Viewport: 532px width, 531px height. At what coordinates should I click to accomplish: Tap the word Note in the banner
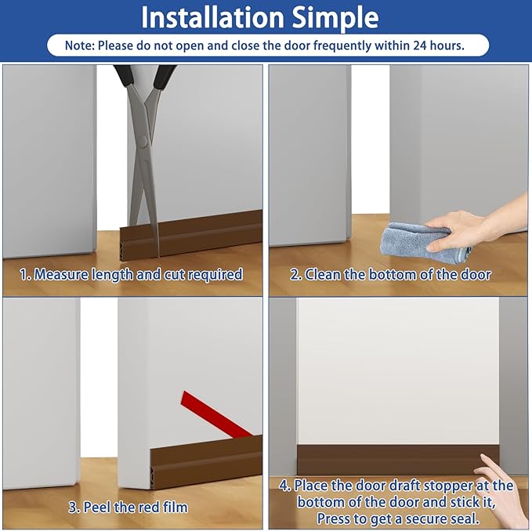(x=78, y=45)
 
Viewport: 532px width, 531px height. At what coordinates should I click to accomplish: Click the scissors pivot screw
(x=143, y=142)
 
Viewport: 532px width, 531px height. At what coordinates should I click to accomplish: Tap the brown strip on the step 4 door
(x=392, y=460)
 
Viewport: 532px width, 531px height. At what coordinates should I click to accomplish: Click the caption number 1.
(x=24, y=275)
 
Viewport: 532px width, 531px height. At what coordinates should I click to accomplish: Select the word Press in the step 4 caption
(x=336, y=518)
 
